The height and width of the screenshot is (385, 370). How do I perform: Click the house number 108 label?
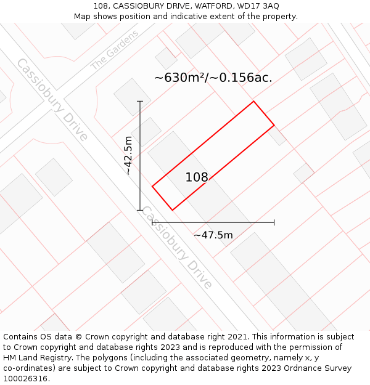[197, 177]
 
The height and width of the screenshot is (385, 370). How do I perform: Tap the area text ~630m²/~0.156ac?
[213, 78]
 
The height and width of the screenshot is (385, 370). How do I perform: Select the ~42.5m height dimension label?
[128, 155]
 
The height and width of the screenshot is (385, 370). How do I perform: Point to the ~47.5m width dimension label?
[213, 235]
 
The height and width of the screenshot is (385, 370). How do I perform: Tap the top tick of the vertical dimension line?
[140, 101]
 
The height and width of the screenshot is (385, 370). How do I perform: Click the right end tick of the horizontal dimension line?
[274, 222]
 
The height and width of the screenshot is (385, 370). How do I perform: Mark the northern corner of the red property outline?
[253, 102]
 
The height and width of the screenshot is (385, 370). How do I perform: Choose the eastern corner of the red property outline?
[274, 126]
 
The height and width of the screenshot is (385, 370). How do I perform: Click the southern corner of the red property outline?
[172, 210]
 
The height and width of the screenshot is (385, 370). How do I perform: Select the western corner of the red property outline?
[152, 186]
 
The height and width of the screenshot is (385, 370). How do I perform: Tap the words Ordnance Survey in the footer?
[320, 368]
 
